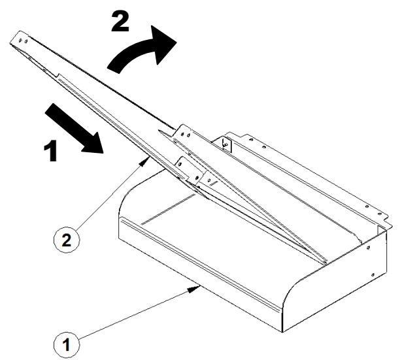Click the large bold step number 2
(x=120, y=22)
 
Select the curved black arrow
(x=142, y=49)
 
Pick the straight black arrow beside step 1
(x=74, y=129)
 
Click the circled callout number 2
(x=66, y=240)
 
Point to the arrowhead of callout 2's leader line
(x=145, y=161)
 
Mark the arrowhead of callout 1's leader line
(x=195, y=289)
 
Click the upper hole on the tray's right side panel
(x=368, y=248)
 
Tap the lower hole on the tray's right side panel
(x=373, y=274)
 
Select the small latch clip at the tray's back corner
(x=225, y=144)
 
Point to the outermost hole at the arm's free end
(x=20, y=40)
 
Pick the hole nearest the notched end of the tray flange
(x=379, y=214)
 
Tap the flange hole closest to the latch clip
(x=252, y=139)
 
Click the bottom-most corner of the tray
(x=282, y=332)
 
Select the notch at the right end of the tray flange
(x=388, y=221)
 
